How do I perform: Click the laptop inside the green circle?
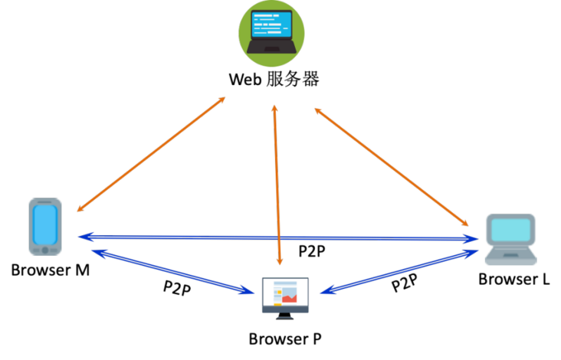coord(271,32)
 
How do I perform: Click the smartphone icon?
coord(45,227)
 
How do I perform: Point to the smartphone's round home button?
coord(45,250)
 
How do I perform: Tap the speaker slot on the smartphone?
coord(45,202)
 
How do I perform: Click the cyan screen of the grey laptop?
coord(511,230)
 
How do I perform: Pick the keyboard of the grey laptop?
coord(511,254)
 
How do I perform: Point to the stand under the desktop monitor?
coord(285,315)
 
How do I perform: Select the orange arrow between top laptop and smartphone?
coord(151,154)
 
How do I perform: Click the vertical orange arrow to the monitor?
coord(277,184)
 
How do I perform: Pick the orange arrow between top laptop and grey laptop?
coord(391,166)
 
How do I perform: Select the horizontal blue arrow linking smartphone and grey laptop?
coord(280,238)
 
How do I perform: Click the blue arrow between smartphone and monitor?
coord(172,270)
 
